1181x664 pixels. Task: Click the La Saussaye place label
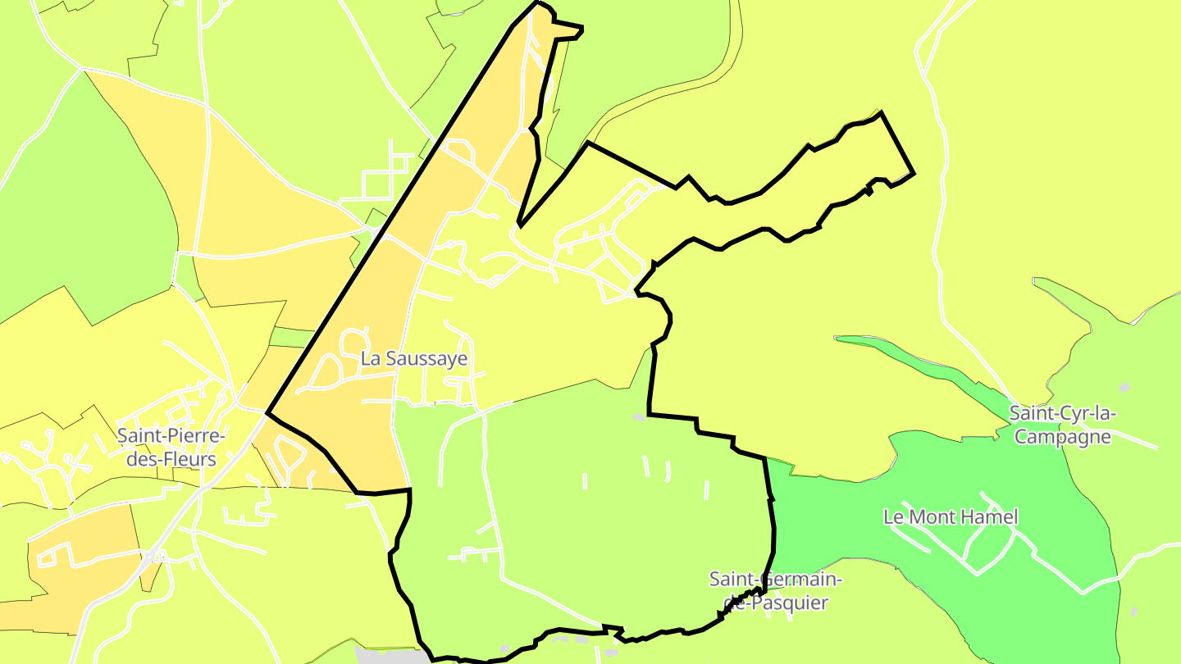pyautogui.click(x=413, y=359)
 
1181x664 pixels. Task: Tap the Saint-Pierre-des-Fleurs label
pyautogui.click(x=166, y=447)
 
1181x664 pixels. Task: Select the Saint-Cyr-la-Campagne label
pyautogui.click(x=1062, y=425)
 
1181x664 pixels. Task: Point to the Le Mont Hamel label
pyautogui.click(x=951, y=517)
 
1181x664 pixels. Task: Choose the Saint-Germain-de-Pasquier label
pyautogui.click(x=775, y=591)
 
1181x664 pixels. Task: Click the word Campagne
pyautogui.click(x=1062, y=437)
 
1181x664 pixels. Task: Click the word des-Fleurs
pyautogui.click(x=166, y=459)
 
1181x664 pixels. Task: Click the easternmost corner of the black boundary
pyautogui.click(x=914, y=173)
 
